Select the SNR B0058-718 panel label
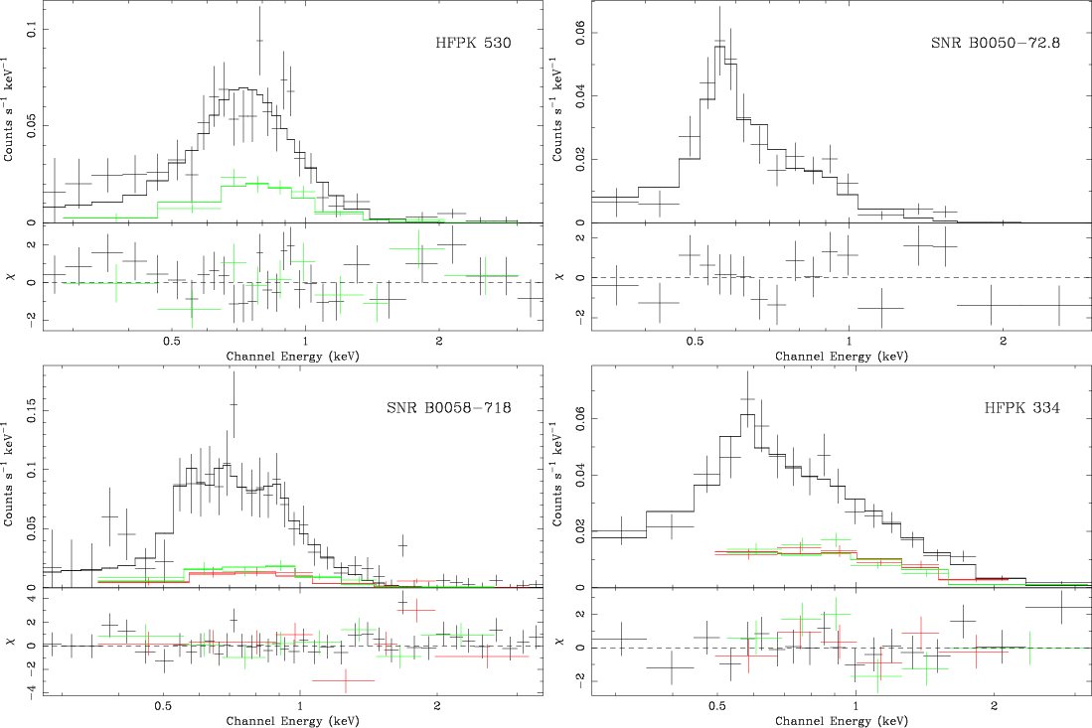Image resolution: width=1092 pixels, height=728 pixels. pos(448,408)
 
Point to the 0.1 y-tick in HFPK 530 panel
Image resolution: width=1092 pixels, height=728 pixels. pos(31,31)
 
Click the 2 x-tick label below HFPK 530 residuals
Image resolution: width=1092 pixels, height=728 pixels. pos(439,340)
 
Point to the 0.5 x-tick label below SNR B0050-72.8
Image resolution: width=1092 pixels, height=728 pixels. pos(695,340)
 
